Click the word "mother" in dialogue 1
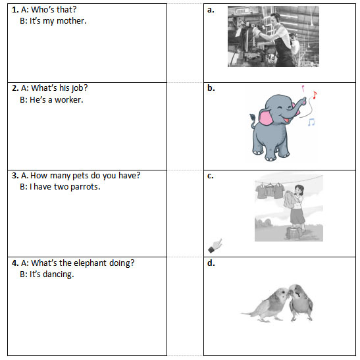click(x=71, y=21)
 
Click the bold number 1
click(x=15, y=10)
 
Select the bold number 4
click(x=15, y=263)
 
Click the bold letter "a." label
click(x=211, y=10)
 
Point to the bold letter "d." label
click(x=211, y=263)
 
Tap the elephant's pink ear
click(x=267, y=116)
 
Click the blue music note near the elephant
click(x=311, y=122)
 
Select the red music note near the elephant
click(x=315, y=95)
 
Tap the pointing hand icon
click(x=215, y=245)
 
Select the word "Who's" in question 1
click(x=43, y=10)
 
